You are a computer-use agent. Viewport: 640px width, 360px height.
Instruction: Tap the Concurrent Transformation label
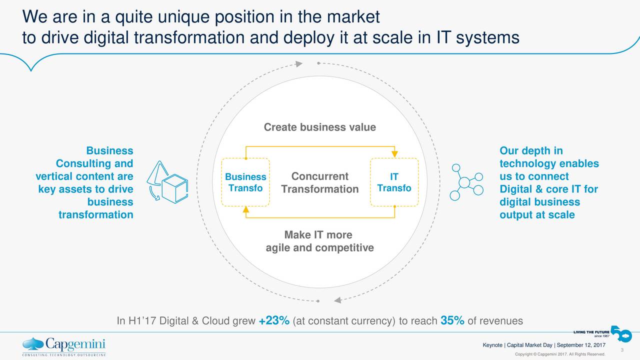click(319, 182)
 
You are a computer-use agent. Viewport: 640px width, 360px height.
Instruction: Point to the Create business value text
click(319, 127)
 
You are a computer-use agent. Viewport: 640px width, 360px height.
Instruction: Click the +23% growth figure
click(274, 320)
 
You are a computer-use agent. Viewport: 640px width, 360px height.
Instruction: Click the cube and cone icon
click(167, 182)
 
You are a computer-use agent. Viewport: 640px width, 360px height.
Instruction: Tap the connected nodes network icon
click(466, 182)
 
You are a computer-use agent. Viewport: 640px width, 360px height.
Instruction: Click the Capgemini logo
click(64, 346)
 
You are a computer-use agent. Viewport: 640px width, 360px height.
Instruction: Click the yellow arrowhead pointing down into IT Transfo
click(394, 153)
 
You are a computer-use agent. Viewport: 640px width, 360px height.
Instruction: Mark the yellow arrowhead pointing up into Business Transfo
click(245, 209)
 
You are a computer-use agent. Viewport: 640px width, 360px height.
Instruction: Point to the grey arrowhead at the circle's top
click(299, 63)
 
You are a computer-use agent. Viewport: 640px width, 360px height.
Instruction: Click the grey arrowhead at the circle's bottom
click(337, 300)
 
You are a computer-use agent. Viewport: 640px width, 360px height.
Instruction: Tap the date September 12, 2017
click(581, 345)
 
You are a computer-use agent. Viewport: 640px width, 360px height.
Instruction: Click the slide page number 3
click(622, 350)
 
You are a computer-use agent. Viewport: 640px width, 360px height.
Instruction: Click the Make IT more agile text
click(319, 241)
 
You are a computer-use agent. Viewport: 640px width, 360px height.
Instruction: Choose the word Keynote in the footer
click(492, 345)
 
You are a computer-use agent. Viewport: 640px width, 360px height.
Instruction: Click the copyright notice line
click(560, 354)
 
